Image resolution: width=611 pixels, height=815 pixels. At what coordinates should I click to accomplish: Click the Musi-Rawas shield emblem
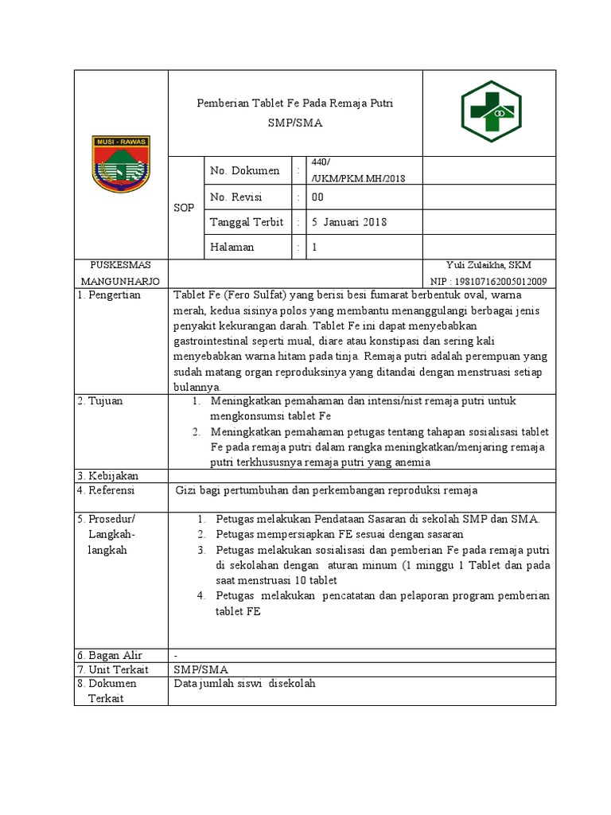[121, 164]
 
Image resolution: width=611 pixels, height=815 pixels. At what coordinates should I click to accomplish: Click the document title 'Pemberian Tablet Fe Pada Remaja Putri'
[295, 103]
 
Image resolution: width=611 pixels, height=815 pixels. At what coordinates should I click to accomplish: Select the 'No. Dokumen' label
[244, 170]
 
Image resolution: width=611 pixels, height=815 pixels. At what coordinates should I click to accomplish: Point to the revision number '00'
[317, 197]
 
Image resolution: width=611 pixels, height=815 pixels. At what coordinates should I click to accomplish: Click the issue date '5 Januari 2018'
[349, 222]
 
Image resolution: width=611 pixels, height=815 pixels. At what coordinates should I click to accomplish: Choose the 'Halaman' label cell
[232, 247]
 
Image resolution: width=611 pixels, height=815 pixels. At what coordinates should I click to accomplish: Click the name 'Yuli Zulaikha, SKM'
[491, 266]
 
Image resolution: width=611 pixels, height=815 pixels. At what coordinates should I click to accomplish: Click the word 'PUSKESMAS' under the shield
[121, 265]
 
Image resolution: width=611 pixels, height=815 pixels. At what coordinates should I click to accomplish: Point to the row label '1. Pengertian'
[109, 294]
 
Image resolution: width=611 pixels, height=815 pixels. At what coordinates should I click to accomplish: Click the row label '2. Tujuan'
[100, 401]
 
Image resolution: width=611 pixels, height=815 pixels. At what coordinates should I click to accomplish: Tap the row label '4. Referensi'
[107, 490]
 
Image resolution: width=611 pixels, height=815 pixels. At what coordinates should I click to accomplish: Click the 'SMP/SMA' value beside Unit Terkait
[200, 669]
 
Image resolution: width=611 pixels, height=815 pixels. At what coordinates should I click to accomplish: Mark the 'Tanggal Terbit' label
[247, 222]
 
